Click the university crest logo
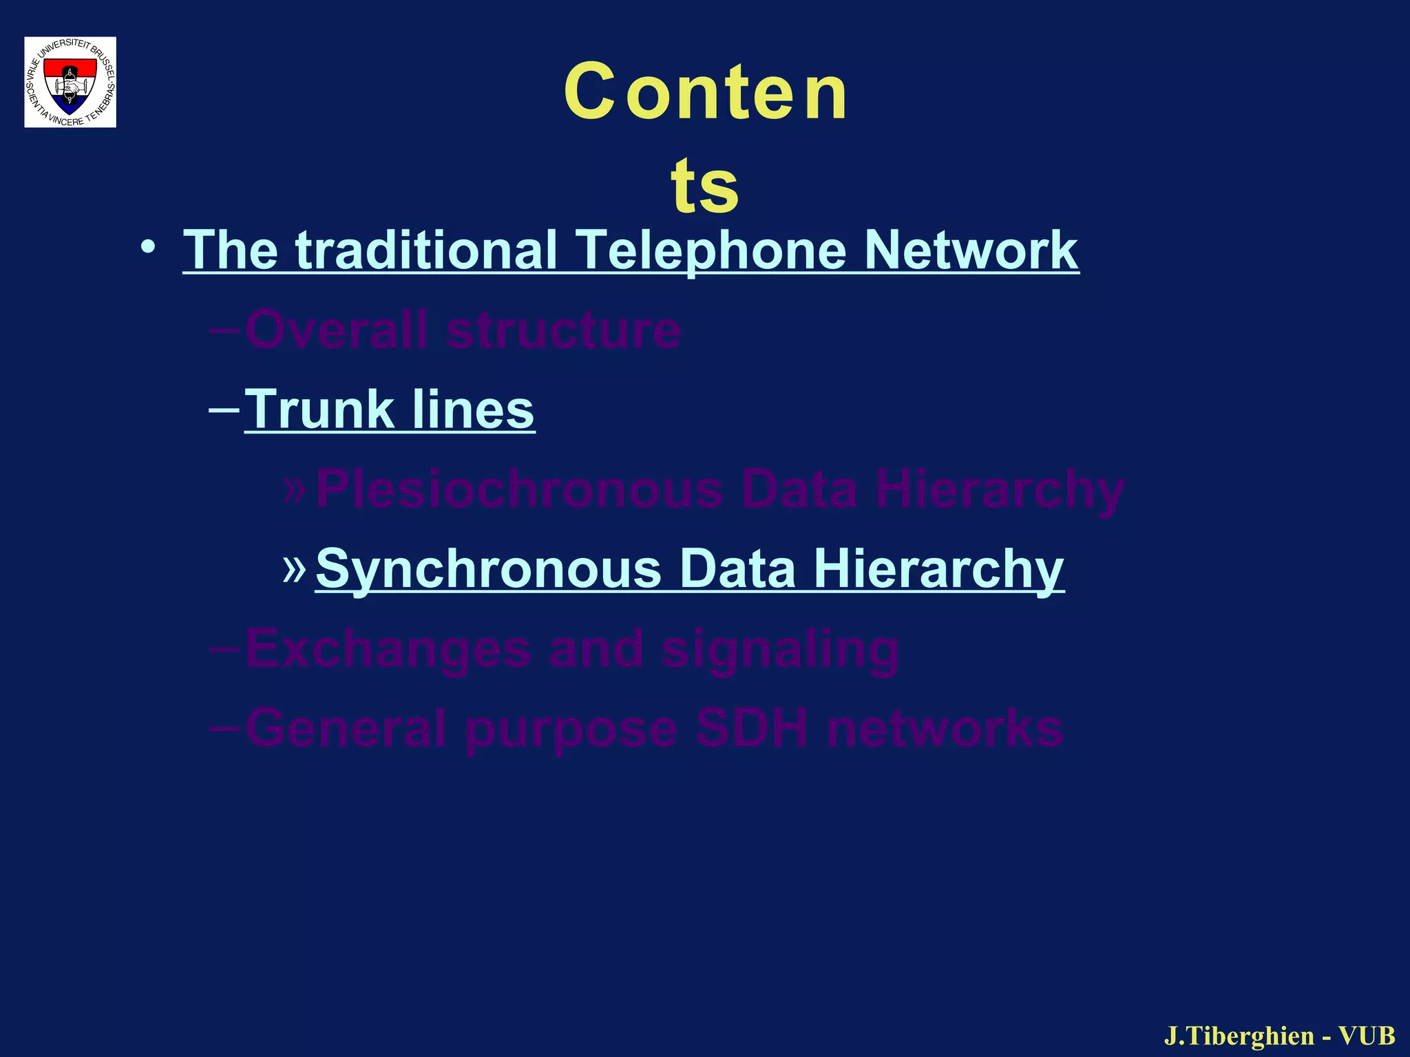pyautogui.click(x=70, y=82)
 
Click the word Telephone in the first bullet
pyautogui.click(x=710, y=249)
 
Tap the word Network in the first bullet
pyautogui.click(x=971, y=249)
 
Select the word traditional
pyautogui.click(x=427, y=249)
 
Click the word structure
pyautogui.click(x=563, y=331)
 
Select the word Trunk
pyautogui.click(x=318, y=409)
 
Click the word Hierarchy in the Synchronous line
pyautogui.click(x=938, y=570)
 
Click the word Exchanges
pyautogui.click(x=388, y=650)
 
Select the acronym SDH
pyautogui.click(x=750, y=728)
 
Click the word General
pyautogui.click(x=346, y=728)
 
